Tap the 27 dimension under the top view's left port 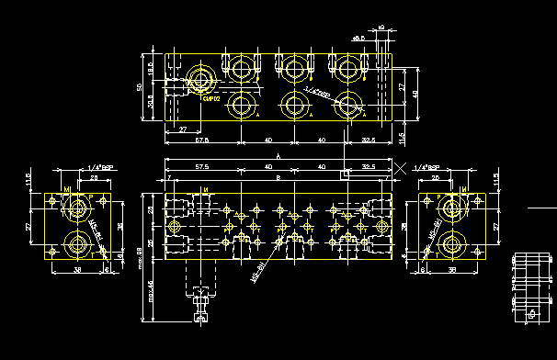coord(182,129)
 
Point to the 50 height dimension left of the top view coord(140,86)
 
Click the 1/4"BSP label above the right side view coord(427,168)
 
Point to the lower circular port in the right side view coord(450,244)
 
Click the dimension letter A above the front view coord(266,158)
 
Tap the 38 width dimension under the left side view coord(77,271)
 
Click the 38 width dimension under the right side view coord(450,271)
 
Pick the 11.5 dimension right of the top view coord(402,136)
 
